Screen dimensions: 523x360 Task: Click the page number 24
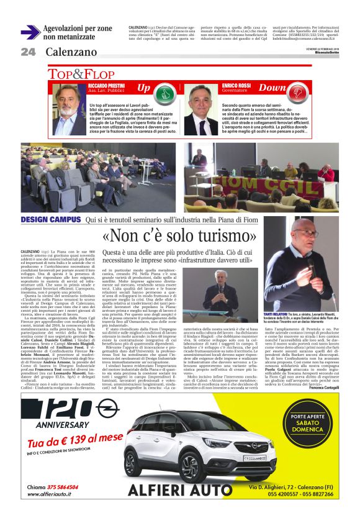[x=28, y=52]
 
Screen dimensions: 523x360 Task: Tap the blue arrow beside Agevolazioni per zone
[x=30, y=32]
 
